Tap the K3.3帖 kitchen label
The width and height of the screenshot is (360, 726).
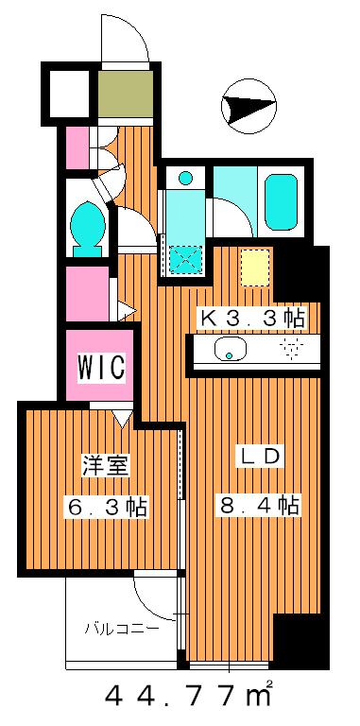(249, 318)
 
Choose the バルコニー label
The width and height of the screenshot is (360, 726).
(119, 627)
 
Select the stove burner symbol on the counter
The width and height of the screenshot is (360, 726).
(290, 351)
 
